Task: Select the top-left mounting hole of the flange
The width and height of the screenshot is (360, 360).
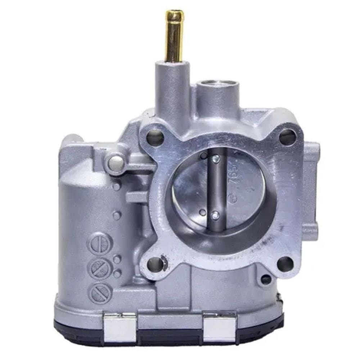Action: click(x=155, y=137)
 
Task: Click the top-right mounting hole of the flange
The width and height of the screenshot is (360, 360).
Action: click(x=287, y=137)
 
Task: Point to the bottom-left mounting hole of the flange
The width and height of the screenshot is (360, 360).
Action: click(x=155, y=264)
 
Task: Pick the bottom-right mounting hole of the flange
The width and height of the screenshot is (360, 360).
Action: click(x=285, y=264)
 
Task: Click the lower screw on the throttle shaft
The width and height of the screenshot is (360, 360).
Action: click(x=215, y=215)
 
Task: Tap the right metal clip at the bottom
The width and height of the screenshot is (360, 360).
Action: click(x=220, y=326)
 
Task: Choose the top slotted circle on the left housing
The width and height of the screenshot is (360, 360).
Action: click(x=100, y=243)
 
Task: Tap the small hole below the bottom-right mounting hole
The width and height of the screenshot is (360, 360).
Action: click(x=266, y=279)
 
